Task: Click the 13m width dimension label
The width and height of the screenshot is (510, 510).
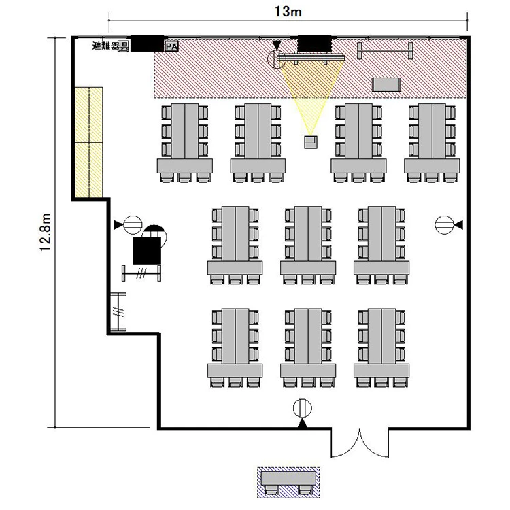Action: [x=288, y=12]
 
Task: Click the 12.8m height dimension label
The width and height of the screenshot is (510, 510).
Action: [x=45, y=232]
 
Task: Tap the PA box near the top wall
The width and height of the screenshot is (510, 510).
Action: [x=172, y=46]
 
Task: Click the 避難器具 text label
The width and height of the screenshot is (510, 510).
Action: [x=111, y=46]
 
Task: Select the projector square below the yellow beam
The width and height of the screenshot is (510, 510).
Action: [x=311, y=142]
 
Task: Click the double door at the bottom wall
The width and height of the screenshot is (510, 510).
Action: [x=360, y=443]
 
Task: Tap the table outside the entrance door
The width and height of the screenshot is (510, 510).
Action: [x=289, y=478]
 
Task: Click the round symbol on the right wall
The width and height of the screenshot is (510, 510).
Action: [x=444, y=225]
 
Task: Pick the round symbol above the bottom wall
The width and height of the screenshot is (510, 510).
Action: [x=303, y=408]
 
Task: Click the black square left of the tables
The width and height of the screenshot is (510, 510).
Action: [x=147, y=250]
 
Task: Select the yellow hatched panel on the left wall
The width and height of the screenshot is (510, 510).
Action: [x=89, y=142]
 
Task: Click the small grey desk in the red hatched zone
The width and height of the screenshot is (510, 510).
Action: [x=386, y=84]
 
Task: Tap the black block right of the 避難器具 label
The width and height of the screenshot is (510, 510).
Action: [x=147, y=44]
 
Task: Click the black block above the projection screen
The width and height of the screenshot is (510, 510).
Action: [x=315, y=44]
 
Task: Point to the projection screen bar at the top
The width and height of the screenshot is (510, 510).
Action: [x=311, y=58]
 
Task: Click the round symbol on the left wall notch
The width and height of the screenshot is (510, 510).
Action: [x=133, y=225]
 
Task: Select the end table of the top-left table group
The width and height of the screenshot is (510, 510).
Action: [x=185, y=166]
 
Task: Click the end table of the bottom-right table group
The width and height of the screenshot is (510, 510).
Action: [x=381, y=371]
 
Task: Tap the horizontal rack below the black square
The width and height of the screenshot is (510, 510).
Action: [x=141, y=273]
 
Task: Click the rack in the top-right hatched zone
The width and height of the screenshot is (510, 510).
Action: [x=385, y=51]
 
